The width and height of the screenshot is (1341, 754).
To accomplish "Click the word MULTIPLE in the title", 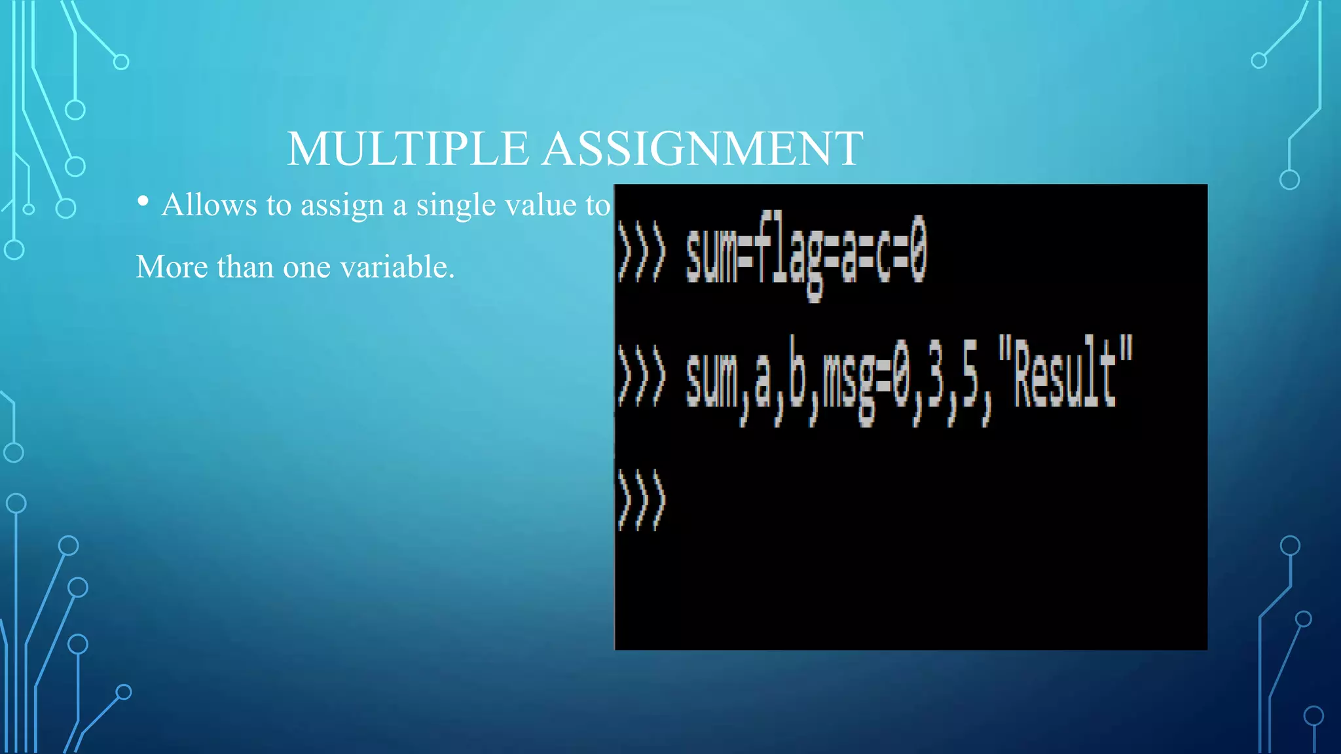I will (407, 149).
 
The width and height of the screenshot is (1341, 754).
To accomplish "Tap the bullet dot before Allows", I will (143, 202).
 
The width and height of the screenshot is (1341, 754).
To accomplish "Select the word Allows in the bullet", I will (209, 205).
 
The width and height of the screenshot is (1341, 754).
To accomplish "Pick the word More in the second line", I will (172, 267).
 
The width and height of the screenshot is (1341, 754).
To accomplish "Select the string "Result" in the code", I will (1065, 373).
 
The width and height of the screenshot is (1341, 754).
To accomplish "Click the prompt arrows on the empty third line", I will (641, 500).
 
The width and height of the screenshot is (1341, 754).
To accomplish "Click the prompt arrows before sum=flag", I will (641, 252).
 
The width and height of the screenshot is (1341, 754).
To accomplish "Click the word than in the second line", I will (245, 267).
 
